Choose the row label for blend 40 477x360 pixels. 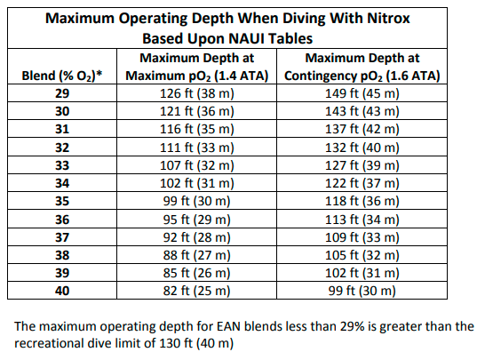(62, 290)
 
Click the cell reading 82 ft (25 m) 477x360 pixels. (197, 290)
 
